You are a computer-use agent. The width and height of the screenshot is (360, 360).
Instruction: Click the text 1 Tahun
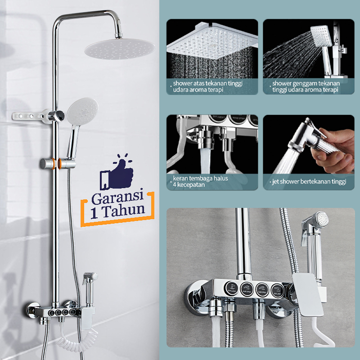click(x=118, y=211)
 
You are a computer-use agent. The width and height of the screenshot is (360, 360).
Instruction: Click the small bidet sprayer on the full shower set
click(x=89, y=281)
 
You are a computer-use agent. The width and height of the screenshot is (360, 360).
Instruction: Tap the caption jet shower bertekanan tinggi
click(x=308, y=182)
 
